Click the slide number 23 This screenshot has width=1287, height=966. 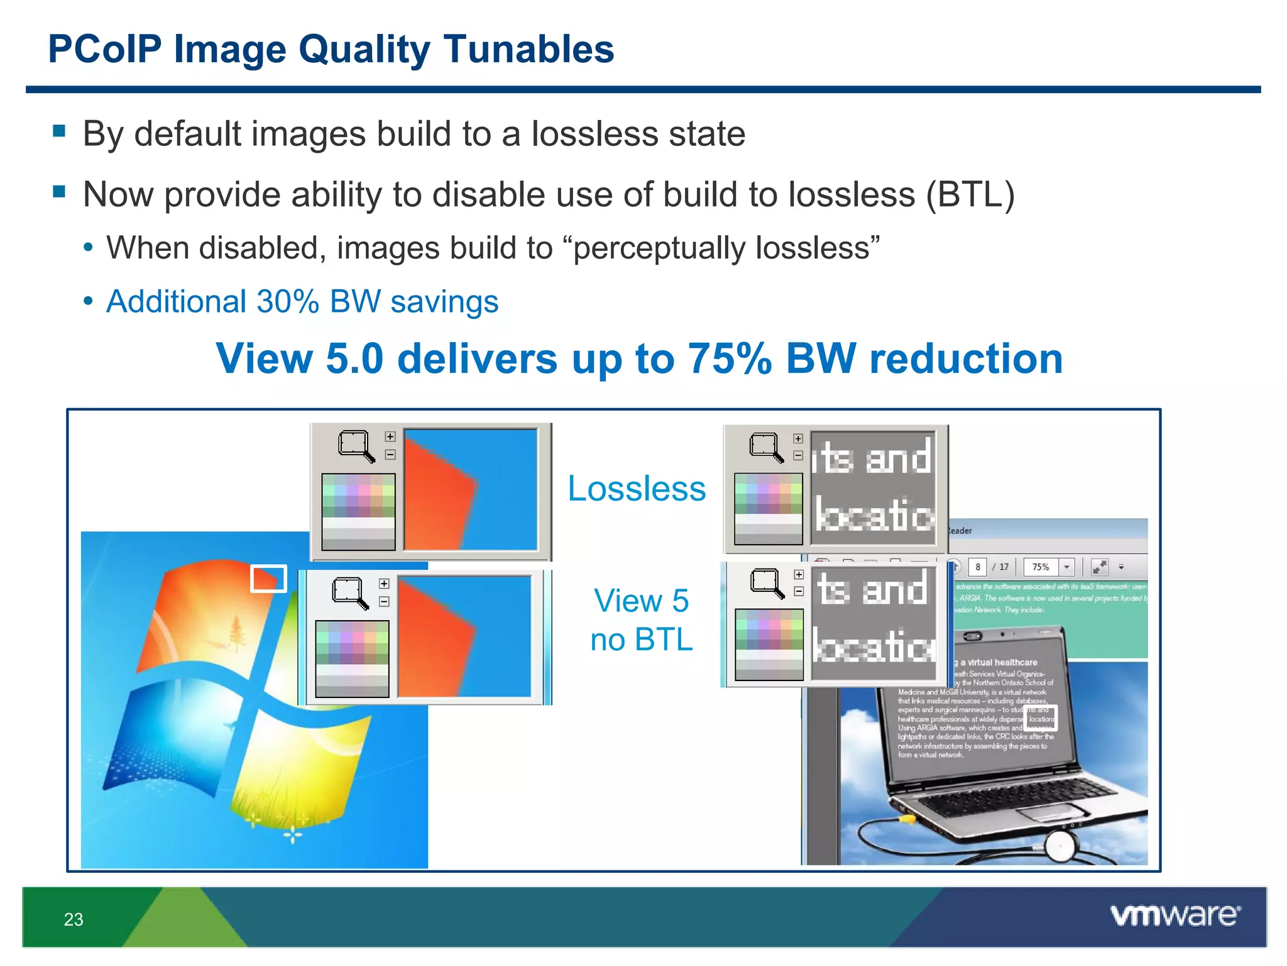point(74,919)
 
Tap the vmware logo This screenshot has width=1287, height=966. point(1176,915)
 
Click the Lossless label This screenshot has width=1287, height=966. point(637,489)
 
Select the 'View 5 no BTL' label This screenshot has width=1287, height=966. point(642,620)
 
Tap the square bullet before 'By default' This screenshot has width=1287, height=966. point(60,131)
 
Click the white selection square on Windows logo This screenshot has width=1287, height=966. point(268,579)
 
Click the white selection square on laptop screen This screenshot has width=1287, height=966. point(1041,718)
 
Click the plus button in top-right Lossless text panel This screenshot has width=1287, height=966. point(798,439)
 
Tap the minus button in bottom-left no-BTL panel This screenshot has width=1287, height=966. point(384,602)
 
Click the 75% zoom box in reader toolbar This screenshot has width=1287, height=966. point(1041,567)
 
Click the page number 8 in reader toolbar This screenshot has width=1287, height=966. point(978,567)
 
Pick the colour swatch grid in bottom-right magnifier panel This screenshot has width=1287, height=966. point(769,644)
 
